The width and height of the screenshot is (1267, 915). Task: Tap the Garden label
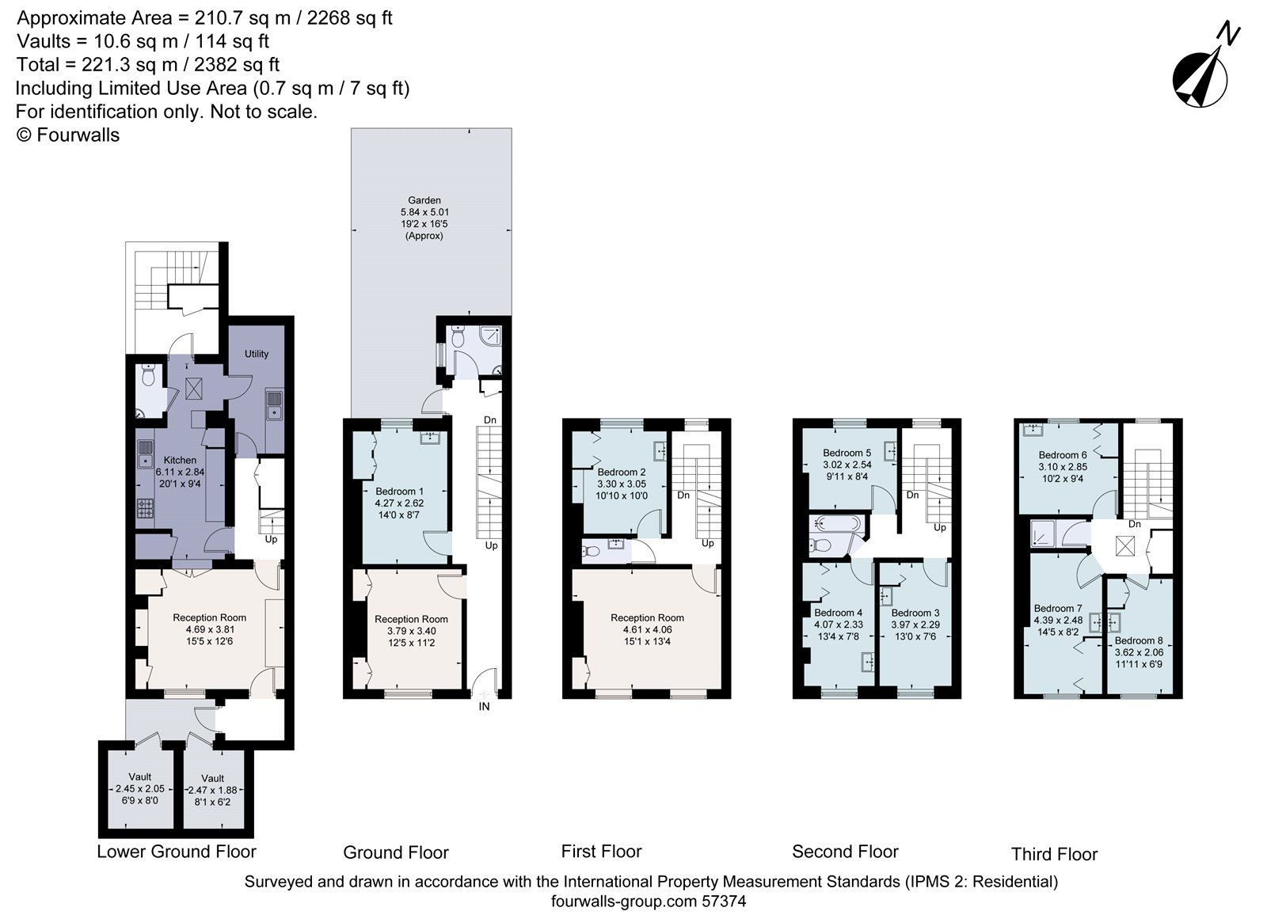[424, 200]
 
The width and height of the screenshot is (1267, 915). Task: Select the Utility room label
[257, 354]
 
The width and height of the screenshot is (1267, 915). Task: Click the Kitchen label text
[180, 460]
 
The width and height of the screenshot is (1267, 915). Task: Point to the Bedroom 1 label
[399, 491]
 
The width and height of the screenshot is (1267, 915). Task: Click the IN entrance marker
[484, 707]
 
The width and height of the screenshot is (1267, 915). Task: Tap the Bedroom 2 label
[621, 472]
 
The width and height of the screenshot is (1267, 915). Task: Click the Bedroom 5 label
[847, 453]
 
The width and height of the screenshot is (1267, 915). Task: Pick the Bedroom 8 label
[1139, 640]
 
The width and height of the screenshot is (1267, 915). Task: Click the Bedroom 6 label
[1063, 455]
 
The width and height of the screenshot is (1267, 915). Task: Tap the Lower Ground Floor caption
[177, 852]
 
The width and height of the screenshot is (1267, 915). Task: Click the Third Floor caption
[1054, 854]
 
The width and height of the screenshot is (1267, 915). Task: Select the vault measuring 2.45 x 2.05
[140, 789]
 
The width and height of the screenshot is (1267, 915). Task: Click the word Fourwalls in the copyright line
[78, 135]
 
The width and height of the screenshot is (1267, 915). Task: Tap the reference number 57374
[721, 901]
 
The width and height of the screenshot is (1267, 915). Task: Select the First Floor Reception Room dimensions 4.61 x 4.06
[647, 630]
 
